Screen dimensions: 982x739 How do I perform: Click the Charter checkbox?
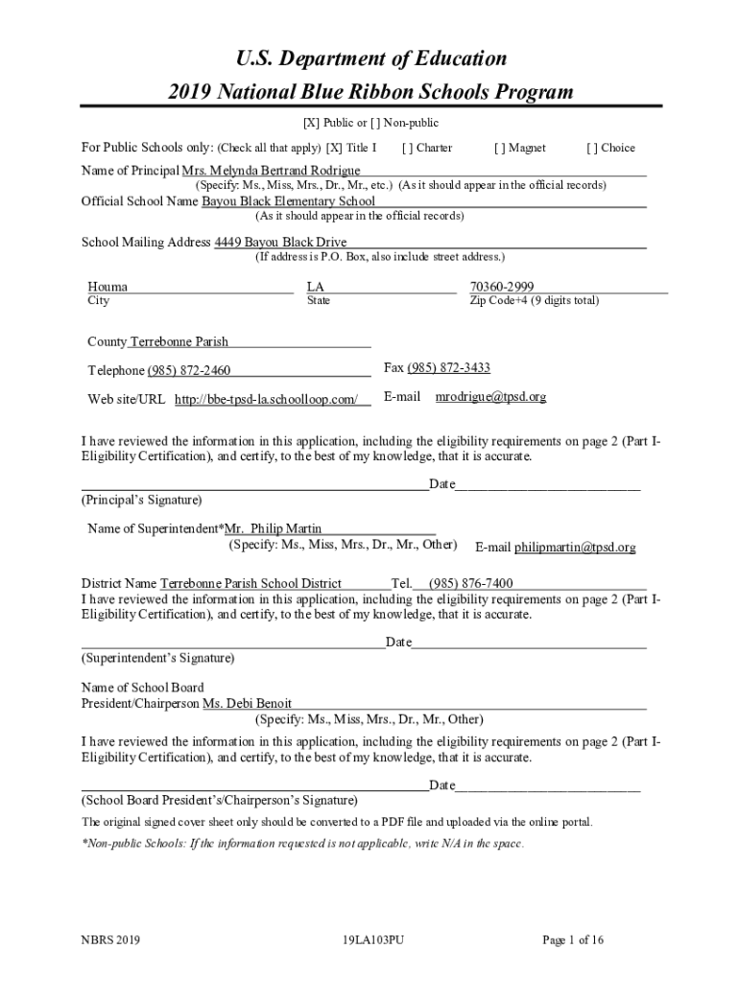tap(408, 148)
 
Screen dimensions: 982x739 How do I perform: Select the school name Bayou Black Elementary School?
tap(288, 201)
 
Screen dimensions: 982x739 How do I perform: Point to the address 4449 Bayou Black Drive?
tap(280, 242)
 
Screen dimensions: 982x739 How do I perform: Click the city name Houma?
tap(107, 287)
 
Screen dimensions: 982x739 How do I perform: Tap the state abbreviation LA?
tap(316, 287)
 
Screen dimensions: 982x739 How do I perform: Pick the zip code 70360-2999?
tap(502, 287)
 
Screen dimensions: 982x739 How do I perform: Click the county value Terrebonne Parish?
tap(179, 341)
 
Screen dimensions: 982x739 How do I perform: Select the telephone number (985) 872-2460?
tap(189, 371)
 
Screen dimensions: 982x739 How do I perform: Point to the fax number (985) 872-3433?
tap(449, 368)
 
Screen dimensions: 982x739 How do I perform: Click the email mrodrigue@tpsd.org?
tap(490, 396)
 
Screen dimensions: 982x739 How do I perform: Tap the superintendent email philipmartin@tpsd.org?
tap(575, 548)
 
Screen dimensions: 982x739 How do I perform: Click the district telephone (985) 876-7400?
tap(471, 583)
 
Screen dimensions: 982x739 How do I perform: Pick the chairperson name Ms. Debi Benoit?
tap(248, 704)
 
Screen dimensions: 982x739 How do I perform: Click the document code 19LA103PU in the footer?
tap(372, 940)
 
